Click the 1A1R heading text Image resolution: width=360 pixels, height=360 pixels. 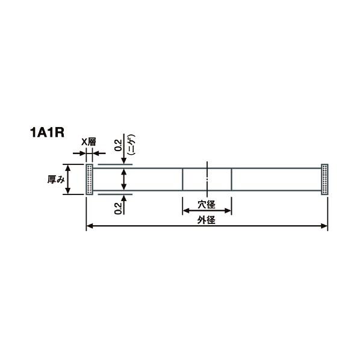pos(47,132)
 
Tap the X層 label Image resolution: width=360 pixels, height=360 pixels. pos(89,142)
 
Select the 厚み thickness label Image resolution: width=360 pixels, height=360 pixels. pos(56,179)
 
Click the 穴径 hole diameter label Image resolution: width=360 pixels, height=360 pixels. pos(206,204)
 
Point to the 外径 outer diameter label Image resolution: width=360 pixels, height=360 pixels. pos(206,220)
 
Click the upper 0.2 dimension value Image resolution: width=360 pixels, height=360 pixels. pos(118,145)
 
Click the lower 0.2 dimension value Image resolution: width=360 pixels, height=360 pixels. pos(118,208)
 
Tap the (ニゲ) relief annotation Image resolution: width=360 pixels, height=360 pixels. pos(132,144)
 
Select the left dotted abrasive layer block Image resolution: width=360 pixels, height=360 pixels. pos(89,179)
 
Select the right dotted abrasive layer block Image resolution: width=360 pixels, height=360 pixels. pos(324,179)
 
